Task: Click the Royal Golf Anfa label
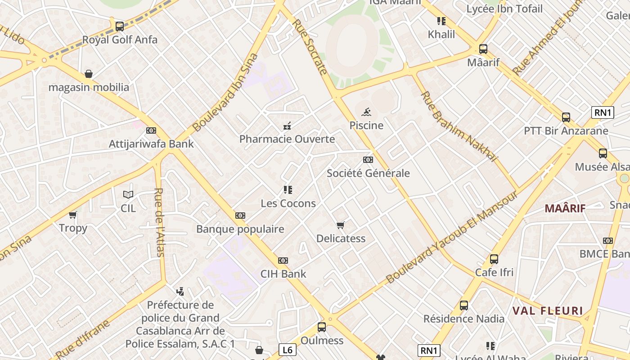pyautogui.click(x=120, y=40)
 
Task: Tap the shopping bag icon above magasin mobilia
pyautogui.click(x=89, y=73)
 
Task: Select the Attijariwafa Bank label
pyautogui.click(x=151, y=144)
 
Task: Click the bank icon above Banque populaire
pyautogui.click(x=240, y=216)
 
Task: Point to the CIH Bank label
pyautogui.click(x=283, y=274)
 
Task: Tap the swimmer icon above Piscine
pyautogui.click(x=366, y=112)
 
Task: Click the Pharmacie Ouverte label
pyautogui.click(x=287, y=139)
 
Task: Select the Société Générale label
pyautogui.click(x=368, y=173)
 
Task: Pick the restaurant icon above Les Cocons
pyautogui.click(x=288, y=190)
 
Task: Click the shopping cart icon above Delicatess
pyautogui.click(x=341, y=225)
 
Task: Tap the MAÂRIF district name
pyautogui.click(x=565, y=208)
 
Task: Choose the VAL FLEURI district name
pyautogui.click(x=548, y=310)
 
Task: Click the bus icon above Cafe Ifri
pyautogui.click(x=494, y=259)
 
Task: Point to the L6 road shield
pyautogui.click(x=288, y=349)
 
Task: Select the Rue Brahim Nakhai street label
pyautogui.click(x=459, y=126)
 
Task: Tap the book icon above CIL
pyautogui.click(x=128, y=194)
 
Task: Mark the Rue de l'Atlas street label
pyautogui.click(x=160, y=222)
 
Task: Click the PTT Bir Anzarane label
pyautogui.click(x=566, y=131)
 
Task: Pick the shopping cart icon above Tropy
pyautogui.click(x=73, y=215)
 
